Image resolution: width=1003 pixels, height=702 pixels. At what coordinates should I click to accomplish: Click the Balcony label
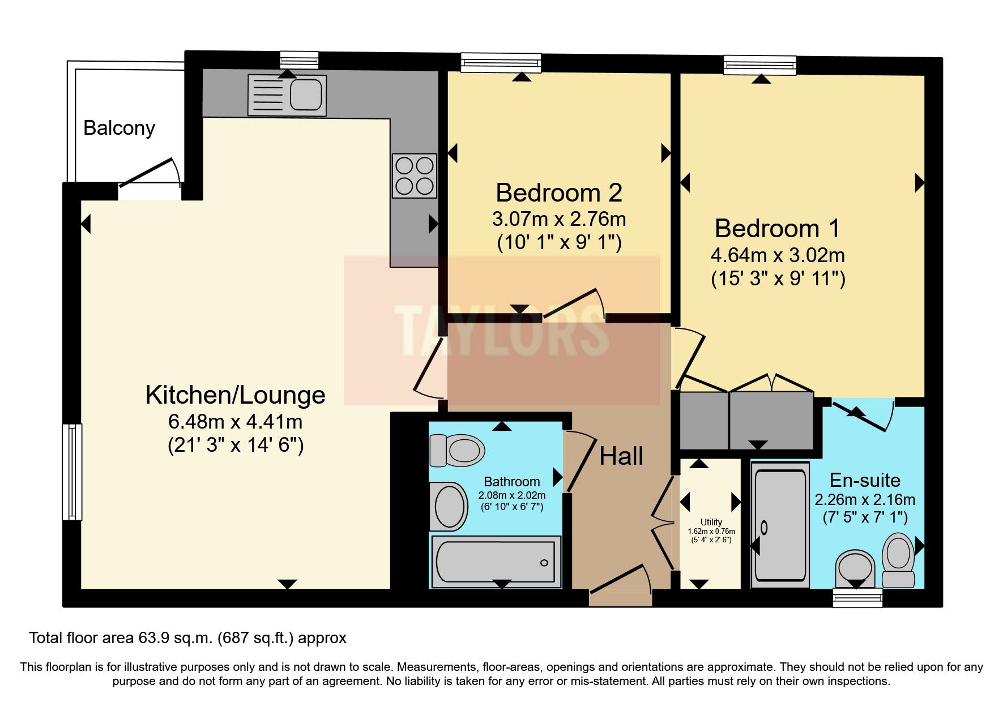point(119,128)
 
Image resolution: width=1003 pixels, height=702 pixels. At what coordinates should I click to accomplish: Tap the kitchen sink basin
point(306,94)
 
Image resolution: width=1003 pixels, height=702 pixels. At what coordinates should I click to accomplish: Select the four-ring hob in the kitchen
point(415,175)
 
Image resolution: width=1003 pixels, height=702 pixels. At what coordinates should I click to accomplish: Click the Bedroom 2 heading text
point(558,193)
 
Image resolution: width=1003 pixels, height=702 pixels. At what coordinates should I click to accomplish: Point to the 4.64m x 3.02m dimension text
point(777,255)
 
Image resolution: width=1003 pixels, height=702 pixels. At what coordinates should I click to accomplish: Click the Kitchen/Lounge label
point(235,395)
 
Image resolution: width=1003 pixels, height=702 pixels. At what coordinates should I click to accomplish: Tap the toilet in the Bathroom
point(458,451)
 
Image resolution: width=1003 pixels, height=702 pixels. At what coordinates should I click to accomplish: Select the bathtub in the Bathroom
point(496,562)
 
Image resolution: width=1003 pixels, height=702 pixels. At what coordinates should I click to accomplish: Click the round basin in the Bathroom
point(449,506)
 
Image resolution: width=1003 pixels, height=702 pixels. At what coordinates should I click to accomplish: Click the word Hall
point(621,456)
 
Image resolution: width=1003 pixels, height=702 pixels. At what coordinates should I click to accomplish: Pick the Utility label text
point(711,522)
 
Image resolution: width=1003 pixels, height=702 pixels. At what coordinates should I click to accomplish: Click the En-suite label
point(864,481)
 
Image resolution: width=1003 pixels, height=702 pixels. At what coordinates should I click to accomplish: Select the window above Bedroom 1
point(759,65)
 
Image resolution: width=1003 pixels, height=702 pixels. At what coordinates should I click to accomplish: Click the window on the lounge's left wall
point(72,472)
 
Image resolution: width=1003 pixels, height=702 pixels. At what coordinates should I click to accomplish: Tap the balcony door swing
point(150,173)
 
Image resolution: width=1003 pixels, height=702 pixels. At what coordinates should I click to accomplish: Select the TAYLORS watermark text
point(501,331)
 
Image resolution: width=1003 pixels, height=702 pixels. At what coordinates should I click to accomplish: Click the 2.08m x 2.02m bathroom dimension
point(511,495)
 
